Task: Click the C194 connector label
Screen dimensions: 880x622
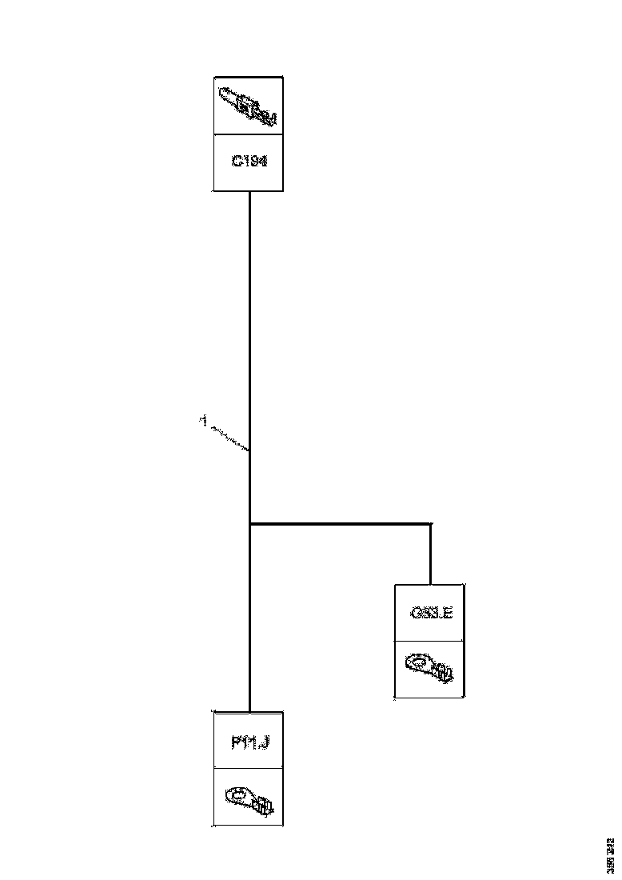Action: click(x=249, y=162)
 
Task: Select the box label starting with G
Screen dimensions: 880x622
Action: click(x=431, y=614)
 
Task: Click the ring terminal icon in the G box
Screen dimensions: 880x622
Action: click(x=430, y=667)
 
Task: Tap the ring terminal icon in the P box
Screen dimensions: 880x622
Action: click(x=250, y=798)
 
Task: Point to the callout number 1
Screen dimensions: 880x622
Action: click(x=204, y=418)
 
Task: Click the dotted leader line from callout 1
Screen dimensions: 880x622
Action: click(x=229, y=438)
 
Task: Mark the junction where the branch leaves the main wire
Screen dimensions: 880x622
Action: click(x=250, y=525)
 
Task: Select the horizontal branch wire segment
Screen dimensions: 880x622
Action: click(x=340, y=525)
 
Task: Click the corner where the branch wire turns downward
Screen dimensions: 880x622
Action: click(x=431, y=525)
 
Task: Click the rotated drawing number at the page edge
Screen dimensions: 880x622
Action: click(x=610, y=855)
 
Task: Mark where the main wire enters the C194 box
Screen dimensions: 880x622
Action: click(x=250, y=191)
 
